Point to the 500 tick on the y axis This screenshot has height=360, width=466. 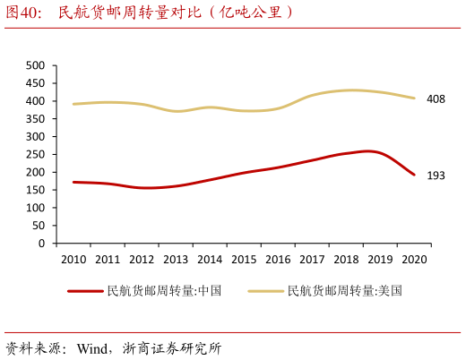pyautogui.click(x=36, y=65)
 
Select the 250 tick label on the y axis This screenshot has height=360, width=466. pyautogui.click(x=36, y=154)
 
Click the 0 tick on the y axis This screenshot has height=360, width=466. pyautogui.click(x=41, y=243)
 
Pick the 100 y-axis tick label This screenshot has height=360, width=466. pyautogui.click(x=36, y=207)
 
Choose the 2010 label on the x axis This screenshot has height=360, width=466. pyautogui.click(x=73, y=260)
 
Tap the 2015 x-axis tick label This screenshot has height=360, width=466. pyautogui.click(x=244, y=260)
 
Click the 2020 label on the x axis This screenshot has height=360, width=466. pyautogui.click(x=413, y=260)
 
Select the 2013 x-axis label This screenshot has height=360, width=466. pyautogui.click(x=176, y=260)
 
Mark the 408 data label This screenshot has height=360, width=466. pyautogui.click(x=436, y=99)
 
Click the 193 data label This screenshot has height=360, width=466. pyautogui.click(x=436, y=176)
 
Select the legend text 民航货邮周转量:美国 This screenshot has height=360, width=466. pyautogui.click(x=345, y=290)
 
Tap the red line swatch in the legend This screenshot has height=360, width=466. pyautogui.click(x=85, y=290)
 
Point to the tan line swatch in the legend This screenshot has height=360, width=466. pyautogui.click(x=266, y=290)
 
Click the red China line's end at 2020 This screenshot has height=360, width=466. pyautogui.click(x=414, y=175)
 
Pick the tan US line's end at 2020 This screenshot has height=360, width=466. pyautogui.click(x=414, y=99)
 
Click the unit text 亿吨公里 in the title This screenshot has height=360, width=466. pyautogui.click(x=251, y=13)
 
